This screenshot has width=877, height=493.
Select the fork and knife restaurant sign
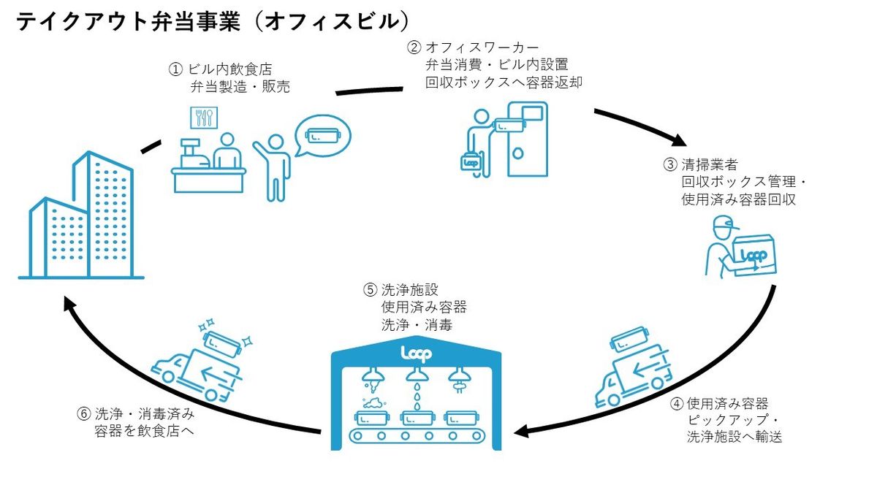(202, 118)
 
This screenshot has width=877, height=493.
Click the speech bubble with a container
(322, 137)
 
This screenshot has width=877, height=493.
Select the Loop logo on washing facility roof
(416, 354)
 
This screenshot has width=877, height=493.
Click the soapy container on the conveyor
(374, 417)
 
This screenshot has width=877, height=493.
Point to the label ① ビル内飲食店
(220, 69)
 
